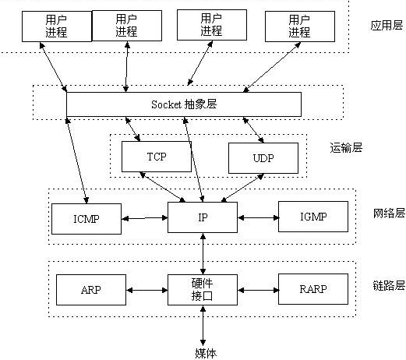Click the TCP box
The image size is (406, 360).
tap(157, 157)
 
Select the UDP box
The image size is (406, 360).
tap(263, 158)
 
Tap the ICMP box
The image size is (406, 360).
tap(86, 219)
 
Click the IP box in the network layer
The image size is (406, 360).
tap(203, 217)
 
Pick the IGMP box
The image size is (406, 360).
tap(313, 217)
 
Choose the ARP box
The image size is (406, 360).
tap(91, 290)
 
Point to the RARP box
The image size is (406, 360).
tap(313, 289)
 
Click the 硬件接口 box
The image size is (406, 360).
tap(203, 290)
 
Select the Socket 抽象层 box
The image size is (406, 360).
tap(184, 104)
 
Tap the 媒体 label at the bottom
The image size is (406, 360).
tap(206, 353)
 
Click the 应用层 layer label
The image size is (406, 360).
tap(387, 26)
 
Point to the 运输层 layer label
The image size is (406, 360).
tap(346, 147)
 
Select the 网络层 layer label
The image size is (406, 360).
tap(389, 213)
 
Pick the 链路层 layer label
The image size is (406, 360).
tap(389, 285)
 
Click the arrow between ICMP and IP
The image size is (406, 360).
tap(144, 218)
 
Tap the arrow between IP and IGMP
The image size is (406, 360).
tap(258, 217)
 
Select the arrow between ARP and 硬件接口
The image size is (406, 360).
tap(147, 290)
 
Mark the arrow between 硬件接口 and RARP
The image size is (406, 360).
tap(258, 290)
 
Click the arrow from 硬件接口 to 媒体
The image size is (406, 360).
tap(203, 326)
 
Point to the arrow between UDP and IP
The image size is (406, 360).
tap(242, 188)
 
